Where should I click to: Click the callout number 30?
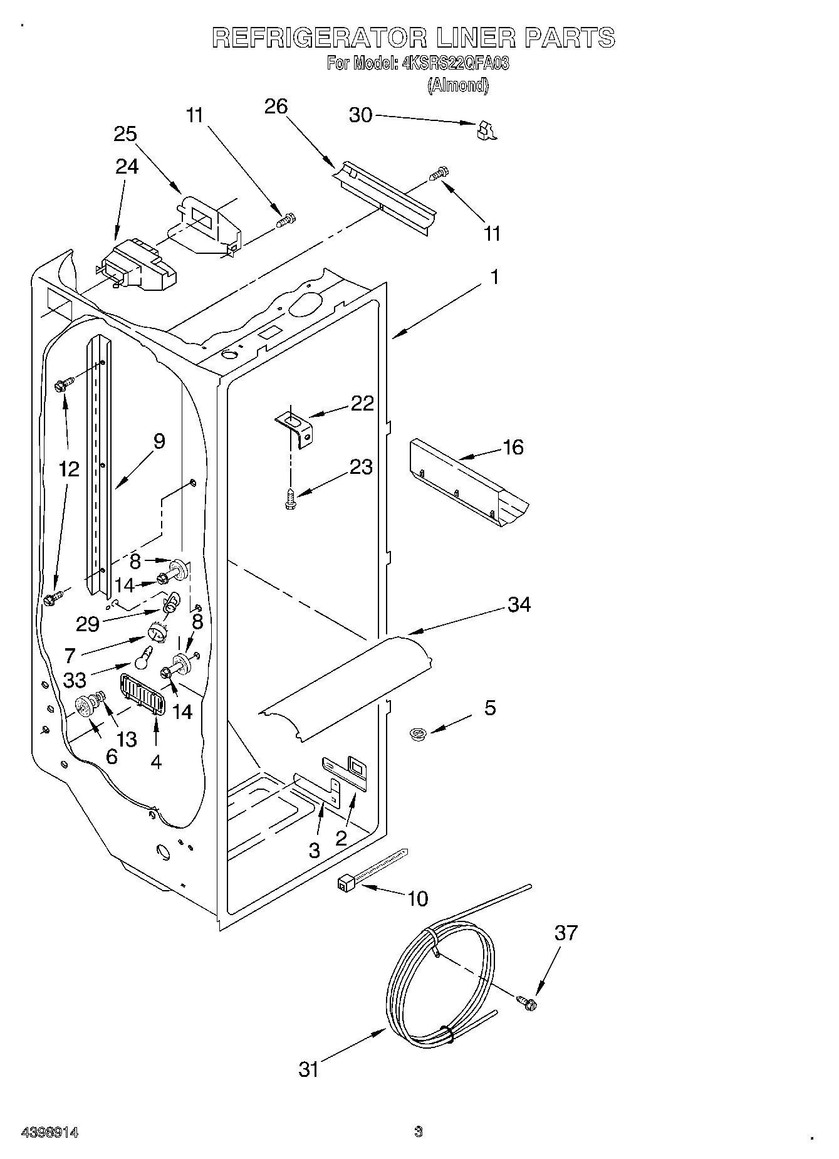pos(360,115)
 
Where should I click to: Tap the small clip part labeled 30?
pos(485,130)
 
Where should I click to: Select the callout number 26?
pos(276,107)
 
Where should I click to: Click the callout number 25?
pos(125,134)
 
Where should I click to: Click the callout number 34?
pos(519,604)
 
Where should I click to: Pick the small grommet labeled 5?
pos(415,733)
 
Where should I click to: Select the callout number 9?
pos(159,441)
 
